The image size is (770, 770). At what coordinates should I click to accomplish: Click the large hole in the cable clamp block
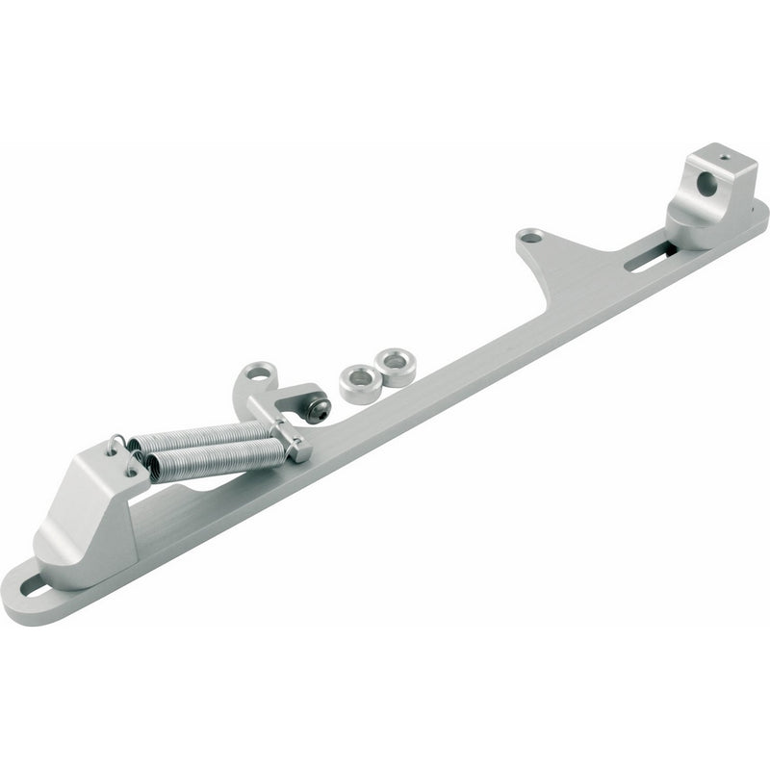pyautogui.click(x=707, y=184)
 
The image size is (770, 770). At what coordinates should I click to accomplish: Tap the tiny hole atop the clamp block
pyautogui.click(x=724, y=153)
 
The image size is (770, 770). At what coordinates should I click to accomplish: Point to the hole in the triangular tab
pyautogui.click(x=529, y=235)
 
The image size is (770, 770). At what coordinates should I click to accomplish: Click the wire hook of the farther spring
pyautogui.click(x=116, y=445)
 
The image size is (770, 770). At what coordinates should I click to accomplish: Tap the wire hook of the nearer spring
pyautogui.click(x=134, y=466)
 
